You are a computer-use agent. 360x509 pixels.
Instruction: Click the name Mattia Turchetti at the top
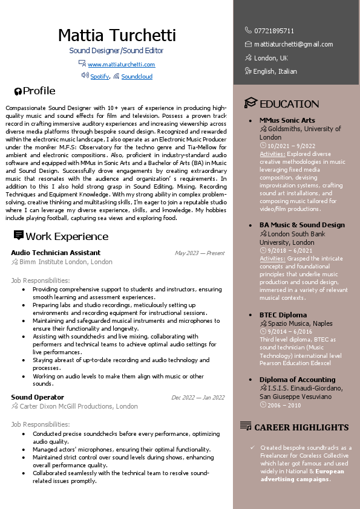coord(117,35)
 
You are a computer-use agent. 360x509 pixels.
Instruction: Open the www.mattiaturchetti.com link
coord(121,65)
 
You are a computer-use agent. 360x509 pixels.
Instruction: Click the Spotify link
coord(100,77)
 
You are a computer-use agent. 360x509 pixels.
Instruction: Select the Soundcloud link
coord(137,77)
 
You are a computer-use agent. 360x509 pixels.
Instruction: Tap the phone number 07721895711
coord(274,30)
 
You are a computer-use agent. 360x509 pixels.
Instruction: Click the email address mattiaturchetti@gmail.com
coord(293,44)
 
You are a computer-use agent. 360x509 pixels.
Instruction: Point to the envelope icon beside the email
coord(248,44)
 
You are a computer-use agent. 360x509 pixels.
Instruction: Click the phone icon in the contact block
coord(248,30)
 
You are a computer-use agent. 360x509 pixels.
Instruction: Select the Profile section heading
coord(39,91)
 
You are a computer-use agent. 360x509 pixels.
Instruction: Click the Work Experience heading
coord(67,236)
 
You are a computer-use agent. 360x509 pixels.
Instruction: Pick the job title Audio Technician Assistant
coord(56,253)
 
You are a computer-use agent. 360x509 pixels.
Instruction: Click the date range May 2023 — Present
coord(199,253)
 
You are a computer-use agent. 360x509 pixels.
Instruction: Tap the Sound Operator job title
coord(38,397)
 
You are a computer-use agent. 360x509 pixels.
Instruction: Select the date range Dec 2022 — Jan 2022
coord(198,398)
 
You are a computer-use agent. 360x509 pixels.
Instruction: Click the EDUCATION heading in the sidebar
coord(289,104)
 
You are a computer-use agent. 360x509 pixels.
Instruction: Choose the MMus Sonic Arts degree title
coord(287,120)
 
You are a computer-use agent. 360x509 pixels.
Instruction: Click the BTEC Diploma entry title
coord(283,315)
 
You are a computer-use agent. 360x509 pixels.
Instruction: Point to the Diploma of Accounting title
coord(297,380)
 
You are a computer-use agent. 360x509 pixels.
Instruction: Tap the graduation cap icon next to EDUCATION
coord(250,103)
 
